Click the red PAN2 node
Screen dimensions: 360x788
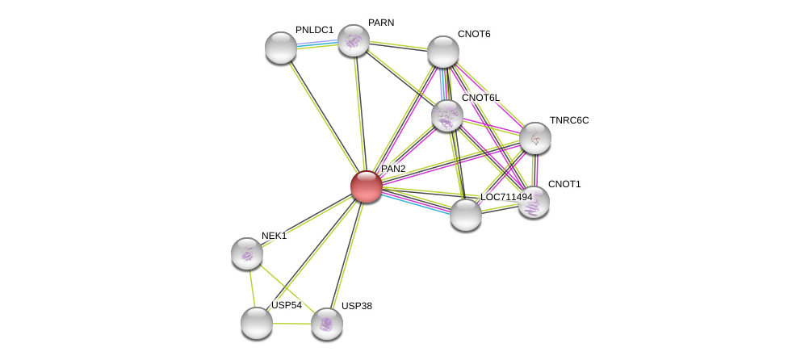pyautogui.click(x=366, y=186)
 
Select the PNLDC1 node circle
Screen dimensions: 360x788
pyautogui.click(x=281, y=48)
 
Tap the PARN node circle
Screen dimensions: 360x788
pyautogui.click(x=353, y=40)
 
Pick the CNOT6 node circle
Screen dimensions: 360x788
pyautogui.click(x=442, y=52)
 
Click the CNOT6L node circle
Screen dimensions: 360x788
pyautogui.click(x=446, y=115)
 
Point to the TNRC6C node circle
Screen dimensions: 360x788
pyautogui.click(x=534, y=138)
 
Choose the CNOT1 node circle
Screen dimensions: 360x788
pyautogui.click(x=533, y=202)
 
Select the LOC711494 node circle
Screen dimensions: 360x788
pyautogui.click(x=465, y=215)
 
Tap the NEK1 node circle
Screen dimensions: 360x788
pyautogui.click(x=247, y=253)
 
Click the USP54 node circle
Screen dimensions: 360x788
pyautogui.click(x=257, y=323)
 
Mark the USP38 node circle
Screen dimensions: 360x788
pyautogui.click(x=326, y=324)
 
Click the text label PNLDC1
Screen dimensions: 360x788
pyautogui.click(x=314, y=30)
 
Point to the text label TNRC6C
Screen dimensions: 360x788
pyautogui.click(x=569, y=120)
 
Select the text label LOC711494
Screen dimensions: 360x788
pyautogui.click(x=506, y=197)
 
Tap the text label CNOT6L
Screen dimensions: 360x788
pyautogui.click(x=480, y=98)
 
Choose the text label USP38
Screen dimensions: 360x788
pyautogui.click(x=356, y=306)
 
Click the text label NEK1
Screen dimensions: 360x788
pyautogui.click(x=274, y=236)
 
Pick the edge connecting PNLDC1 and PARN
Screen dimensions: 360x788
pyautogui.click(x=316, y=44)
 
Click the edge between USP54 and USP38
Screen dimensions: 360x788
pyautogui.click(x=291, y=324)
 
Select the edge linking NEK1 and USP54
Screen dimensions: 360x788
pyautogui.click(x=252, y=288)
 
